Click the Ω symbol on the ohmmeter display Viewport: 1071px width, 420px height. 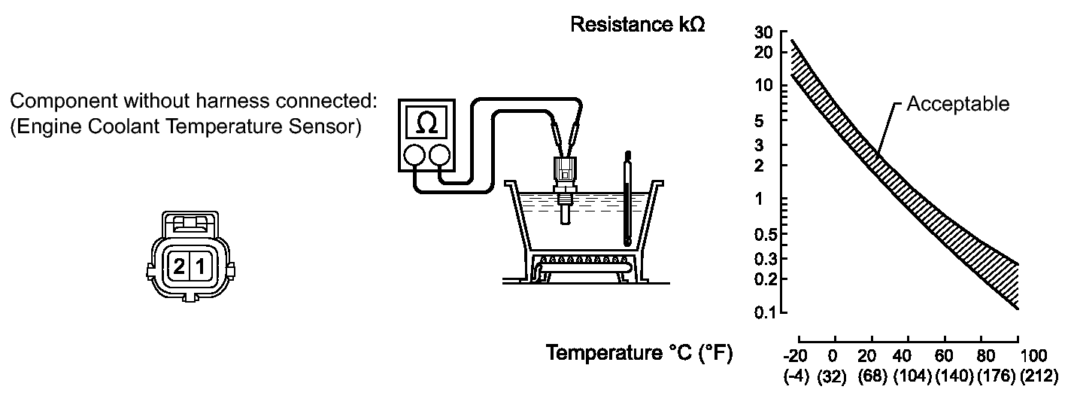(x=426, y=123)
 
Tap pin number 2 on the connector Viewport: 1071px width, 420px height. (x=179, y=266)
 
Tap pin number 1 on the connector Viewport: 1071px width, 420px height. (x=201, y=266)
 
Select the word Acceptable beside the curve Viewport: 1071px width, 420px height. (x=957, y=104)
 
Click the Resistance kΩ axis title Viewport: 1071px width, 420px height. (x=638, y=24)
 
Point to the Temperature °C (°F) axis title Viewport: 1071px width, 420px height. (x=639, y=353)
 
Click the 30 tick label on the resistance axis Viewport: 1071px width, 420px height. (x=763, y=32)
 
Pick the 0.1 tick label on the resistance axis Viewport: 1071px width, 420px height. (x=763, y=312)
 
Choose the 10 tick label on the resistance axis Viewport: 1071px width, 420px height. (x=763, y=85)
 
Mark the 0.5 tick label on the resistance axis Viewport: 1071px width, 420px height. (x=765, y=234)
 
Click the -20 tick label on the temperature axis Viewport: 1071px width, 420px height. (x=795, y=356)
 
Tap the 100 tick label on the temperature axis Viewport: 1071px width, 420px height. (x=1033, y=356)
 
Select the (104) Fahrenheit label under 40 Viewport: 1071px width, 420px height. (x=913, y=376)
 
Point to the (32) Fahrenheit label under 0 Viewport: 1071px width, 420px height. (x=832, y=376)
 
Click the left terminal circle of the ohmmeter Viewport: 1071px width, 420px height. (x=414, y=156)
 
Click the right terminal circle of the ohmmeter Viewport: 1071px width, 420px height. (x=439, y=156)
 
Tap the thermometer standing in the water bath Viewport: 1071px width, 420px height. (x=627, y=199)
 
